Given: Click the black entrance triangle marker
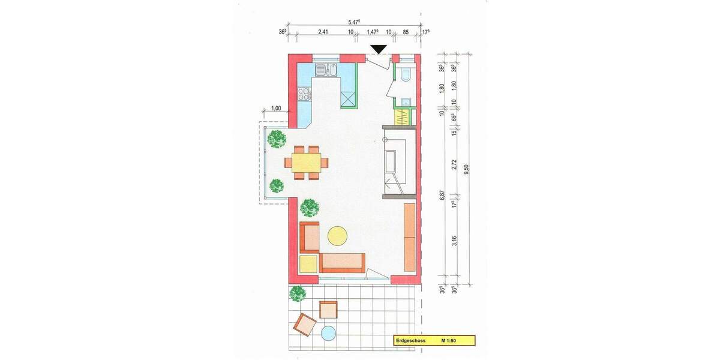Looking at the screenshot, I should [379, 50].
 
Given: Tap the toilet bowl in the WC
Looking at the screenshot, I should [405, 75].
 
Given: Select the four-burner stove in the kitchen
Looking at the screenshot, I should [304, 93].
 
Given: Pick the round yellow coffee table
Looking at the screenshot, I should [337, 235].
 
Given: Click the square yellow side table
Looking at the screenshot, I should [308, 264].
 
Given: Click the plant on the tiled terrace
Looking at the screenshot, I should [298, 293].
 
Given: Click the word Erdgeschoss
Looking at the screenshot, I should [410, 341].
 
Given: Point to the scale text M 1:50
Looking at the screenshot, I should [450, 341].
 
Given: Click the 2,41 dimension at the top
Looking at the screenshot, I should [322, 32].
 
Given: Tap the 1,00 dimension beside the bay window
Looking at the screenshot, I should [276, 109].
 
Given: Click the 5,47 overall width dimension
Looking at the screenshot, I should [353, 22].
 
